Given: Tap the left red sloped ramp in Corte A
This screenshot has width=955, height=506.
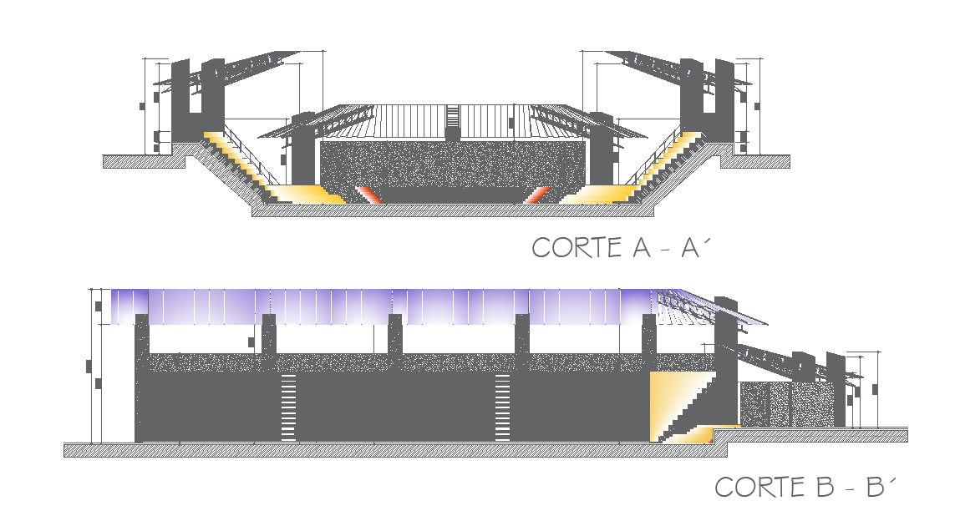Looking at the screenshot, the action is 368,195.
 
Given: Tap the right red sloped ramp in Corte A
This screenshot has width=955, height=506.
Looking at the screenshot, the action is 537,195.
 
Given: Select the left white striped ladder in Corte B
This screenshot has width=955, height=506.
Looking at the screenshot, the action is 288,407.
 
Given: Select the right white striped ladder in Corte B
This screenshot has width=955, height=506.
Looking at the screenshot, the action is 502,407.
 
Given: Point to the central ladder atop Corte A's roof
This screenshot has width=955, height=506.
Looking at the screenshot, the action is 452,122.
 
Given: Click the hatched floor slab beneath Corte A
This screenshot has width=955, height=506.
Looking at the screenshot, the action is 451,211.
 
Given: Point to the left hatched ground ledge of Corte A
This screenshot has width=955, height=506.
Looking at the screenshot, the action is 142,160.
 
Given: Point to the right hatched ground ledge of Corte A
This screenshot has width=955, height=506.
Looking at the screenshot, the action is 756,160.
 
